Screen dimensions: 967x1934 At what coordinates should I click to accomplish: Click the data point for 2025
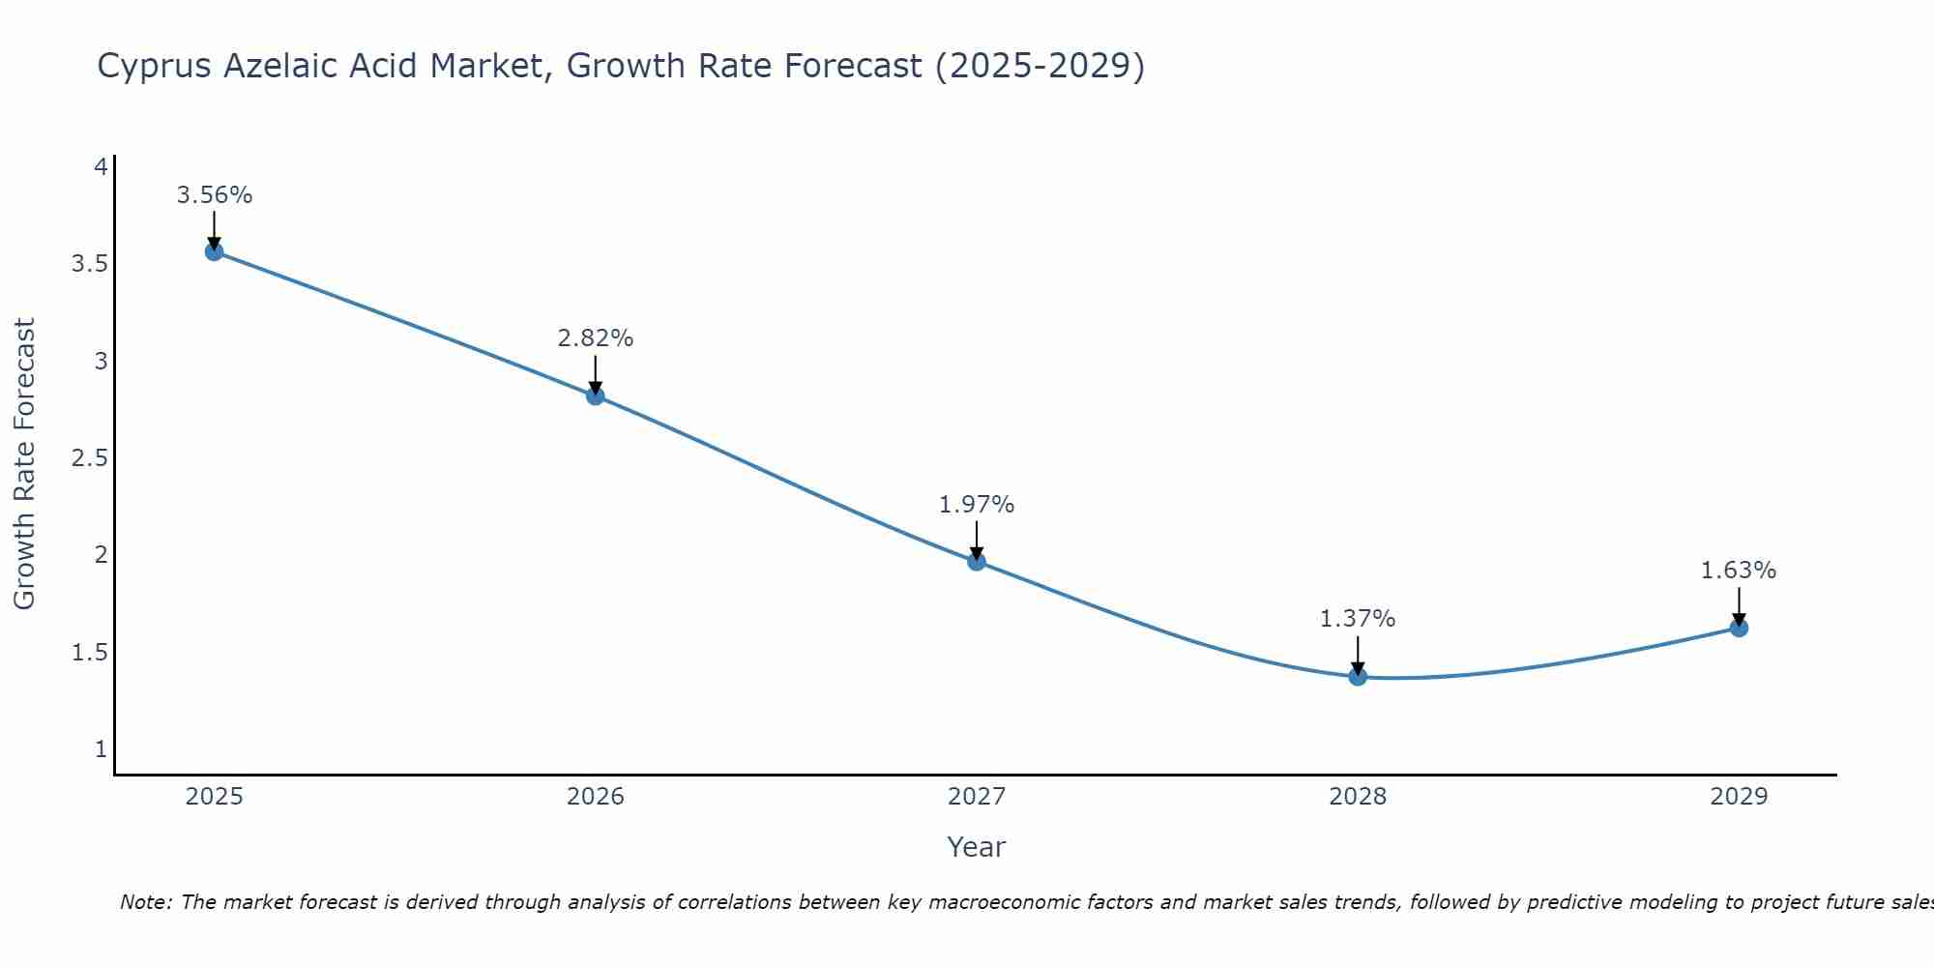coord(214,251)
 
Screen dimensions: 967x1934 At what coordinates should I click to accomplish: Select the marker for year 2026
coord(595,396)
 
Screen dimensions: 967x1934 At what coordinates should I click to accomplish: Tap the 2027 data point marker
coord(977,561)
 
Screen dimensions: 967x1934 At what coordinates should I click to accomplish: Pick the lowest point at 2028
coord(1358,676)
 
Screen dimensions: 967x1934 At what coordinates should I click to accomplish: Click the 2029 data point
coord(1739,628)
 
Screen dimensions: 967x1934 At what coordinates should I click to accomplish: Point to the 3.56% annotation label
coord(214,195)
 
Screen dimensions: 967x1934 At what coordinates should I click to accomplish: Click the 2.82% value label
coord(595,338)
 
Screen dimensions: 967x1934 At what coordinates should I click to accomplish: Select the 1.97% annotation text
coord(977,505)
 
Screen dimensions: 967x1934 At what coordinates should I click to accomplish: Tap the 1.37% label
coord(1358,619)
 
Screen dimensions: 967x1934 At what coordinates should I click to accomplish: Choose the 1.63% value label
coord(1739,571)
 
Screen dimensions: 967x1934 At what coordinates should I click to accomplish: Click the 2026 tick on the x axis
coord(595,797)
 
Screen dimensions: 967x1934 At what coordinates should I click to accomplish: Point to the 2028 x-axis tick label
coord(1358,797)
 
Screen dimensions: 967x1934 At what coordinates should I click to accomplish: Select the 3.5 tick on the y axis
coord(89,264)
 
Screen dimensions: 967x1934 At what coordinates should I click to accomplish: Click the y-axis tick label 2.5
coord(89,458)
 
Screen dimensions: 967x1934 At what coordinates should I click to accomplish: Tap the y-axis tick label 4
coord(100,167)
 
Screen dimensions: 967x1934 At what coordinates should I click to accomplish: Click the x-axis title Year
coord(976,847)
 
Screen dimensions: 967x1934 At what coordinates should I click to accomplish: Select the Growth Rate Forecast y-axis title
coord(24,463)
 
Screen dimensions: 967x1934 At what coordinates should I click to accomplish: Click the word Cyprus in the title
coord(155,66)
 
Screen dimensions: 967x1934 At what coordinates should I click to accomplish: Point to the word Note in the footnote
coord(144,902)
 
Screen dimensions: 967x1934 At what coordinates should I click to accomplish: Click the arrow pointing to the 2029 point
coord(1739,605)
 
